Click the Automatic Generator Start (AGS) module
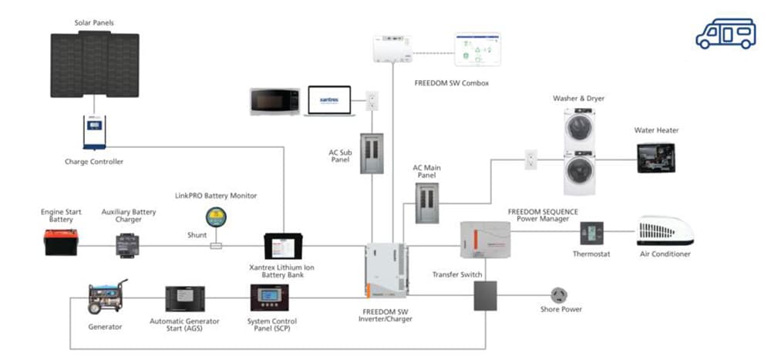tap(185, 299)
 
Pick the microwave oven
tap(273, 102)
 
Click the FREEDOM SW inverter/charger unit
tap(385, 271)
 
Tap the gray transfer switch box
tap(485, 295)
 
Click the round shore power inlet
tap(559, 295)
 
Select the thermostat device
tap(592, 233)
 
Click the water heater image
tap(655, 157)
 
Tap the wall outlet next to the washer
tap(530, 160)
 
